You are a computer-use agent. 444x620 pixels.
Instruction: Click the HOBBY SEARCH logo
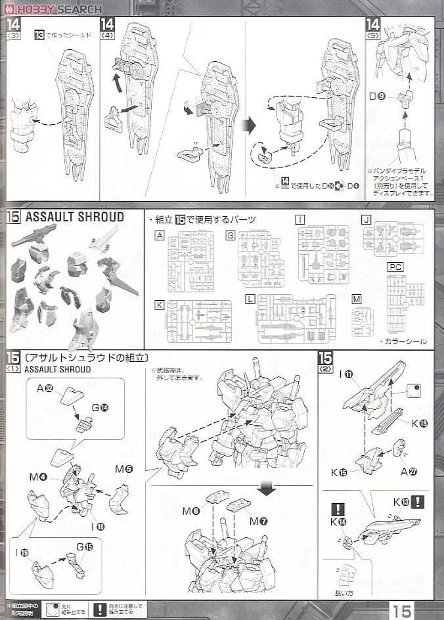53,9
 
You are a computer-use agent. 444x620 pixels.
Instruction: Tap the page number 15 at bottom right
401,609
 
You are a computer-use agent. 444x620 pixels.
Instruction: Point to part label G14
99,407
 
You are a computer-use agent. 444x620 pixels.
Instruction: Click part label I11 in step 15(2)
347,374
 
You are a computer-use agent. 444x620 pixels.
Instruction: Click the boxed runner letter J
366,219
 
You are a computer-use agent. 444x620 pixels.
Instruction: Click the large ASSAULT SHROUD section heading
74,217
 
